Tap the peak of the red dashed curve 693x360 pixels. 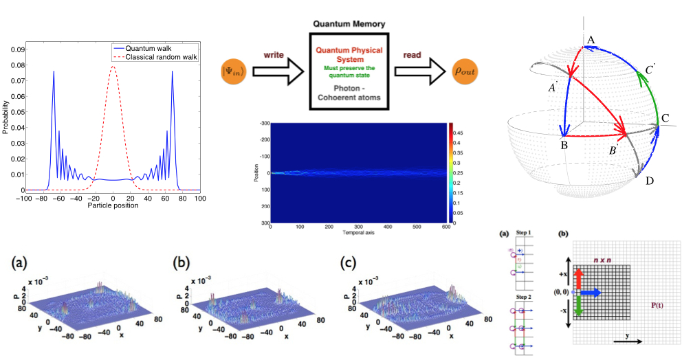(113, 67)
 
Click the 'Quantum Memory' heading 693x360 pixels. (349, 24)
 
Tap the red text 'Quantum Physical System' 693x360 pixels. (349, 54)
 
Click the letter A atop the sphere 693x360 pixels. (590, 41)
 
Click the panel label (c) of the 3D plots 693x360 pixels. (351, 263)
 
